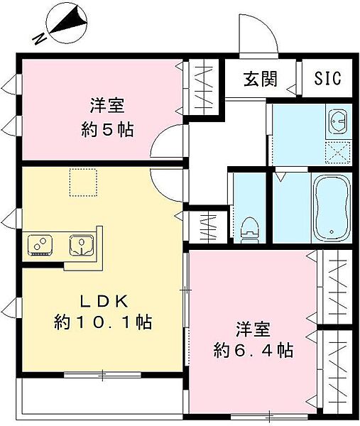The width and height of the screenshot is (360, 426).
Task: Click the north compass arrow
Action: [x=67, y=22]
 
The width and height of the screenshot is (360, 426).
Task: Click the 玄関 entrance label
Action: [x=260, y=79]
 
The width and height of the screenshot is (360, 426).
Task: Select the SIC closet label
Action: [x=327, y=78]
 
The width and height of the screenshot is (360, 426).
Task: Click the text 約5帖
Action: [x=107, y=131]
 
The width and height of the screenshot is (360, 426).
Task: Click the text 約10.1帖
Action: [x=104, y=322]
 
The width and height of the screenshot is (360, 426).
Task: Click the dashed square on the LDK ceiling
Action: [x=81, y=182]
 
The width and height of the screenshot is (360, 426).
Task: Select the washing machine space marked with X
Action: [x=338, y=151]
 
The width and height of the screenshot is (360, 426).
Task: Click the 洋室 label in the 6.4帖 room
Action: [x=254, y=328]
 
